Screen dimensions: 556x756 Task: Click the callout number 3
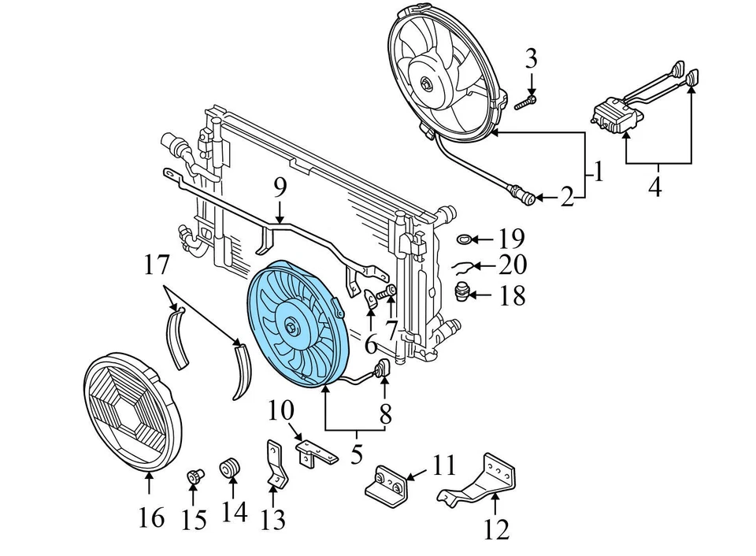click(x=532, y=57)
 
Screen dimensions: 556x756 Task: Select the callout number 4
click(x=655, y=187)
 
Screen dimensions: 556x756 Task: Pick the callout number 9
click(x=280, y=188)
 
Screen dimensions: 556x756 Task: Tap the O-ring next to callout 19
click(x=465, y=238)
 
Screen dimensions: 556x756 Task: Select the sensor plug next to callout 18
click(x=465, y=294)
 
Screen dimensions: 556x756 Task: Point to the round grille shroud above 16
click(x=132, y=413)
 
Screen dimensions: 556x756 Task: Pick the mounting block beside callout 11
click(x=387, y=484)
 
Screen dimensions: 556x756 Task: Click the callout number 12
click(x=497, y=528)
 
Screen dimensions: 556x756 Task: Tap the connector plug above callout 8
click(x=384, y=368)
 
